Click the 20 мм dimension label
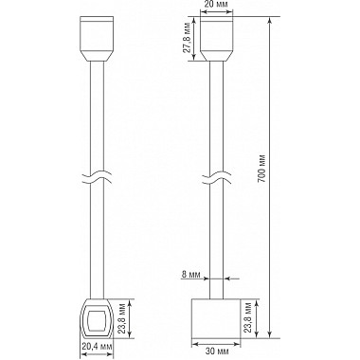pos(217,6)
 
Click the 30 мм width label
pos(217,351)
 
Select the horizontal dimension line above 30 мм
pos(217,343)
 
